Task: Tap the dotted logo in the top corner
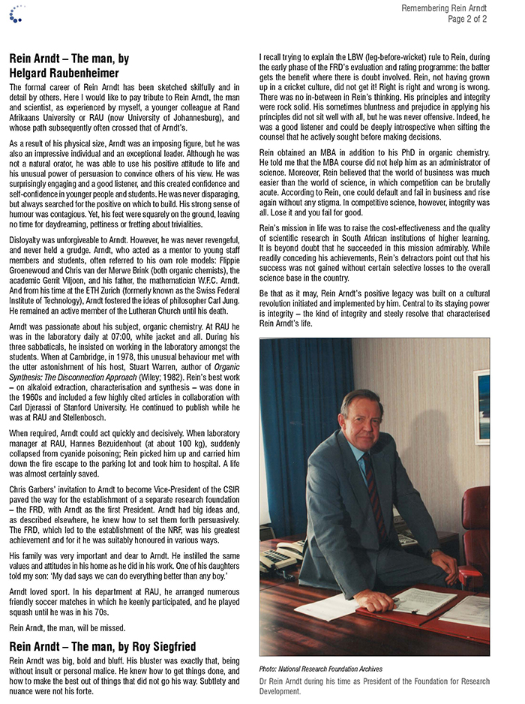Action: pos(16,11)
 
